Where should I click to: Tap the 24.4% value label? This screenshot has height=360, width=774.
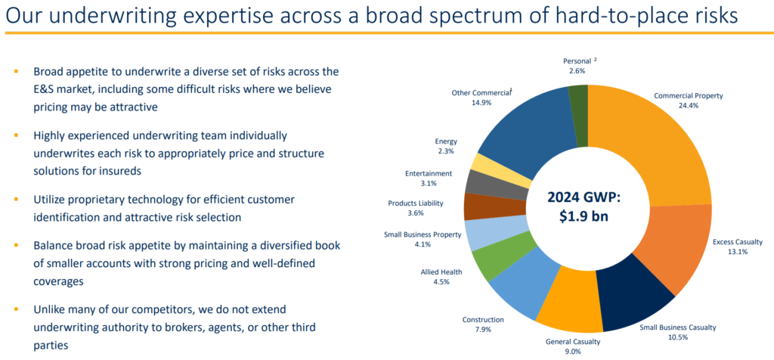coord(688,107)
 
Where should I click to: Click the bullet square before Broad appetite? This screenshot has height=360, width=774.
coord(16,72)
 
